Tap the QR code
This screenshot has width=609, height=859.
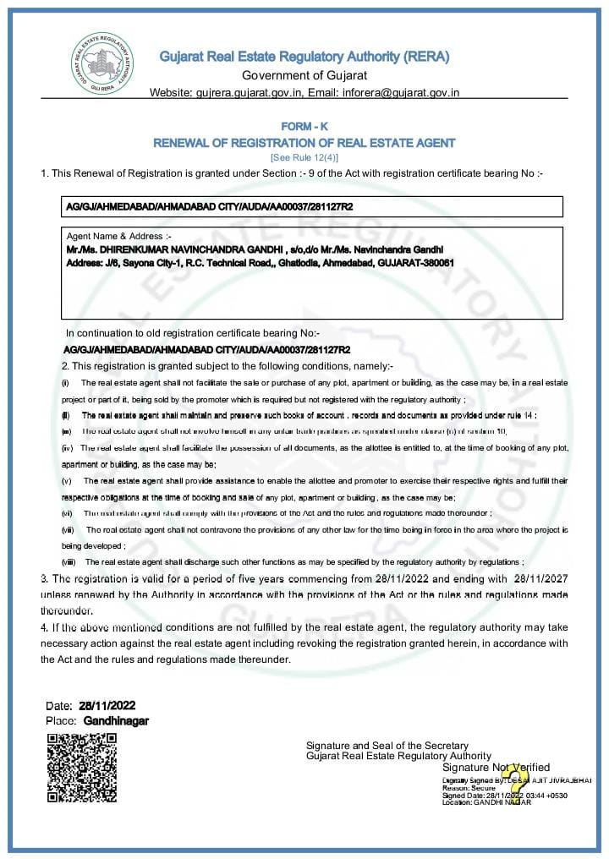(82, 768)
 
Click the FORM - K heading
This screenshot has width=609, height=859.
(304, 127)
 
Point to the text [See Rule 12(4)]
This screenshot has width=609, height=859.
(304, 157)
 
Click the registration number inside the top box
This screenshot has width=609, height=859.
(210, 206)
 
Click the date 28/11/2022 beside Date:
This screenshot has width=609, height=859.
(107, 705)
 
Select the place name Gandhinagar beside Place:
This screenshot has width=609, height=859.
(116, 720)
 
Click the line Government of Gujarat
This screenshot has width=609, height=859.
(304, 76)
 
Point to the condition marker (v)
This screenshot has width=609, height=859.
(66, 480)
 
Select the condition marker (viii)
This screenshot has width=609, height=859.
(68, 561)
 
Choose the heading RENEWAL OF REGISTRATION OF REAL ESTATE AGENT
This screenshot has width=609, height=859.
(304, 143)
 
